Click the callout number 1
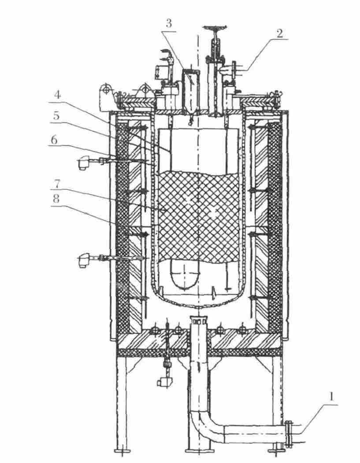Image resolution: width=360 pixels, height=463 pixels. click(x=332, y=398)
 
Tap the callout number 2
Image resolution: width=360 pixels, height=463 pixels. click(x=281, y=34)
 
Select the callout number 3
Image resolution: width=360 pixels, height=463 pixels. click(x=169, y=24)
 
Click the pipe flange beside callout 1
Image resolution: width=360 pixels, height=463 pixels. click(x=288, y=434)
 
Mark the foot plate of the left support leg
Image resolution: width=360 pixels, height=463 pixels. click(x=122, y=450)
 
